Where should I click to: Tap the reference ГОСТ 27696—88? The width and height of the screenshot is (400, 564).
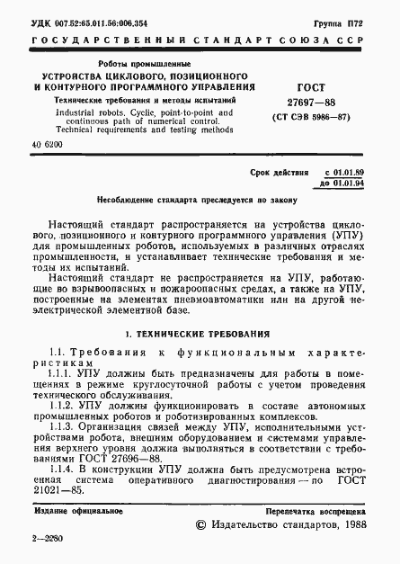coord(140,458)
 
